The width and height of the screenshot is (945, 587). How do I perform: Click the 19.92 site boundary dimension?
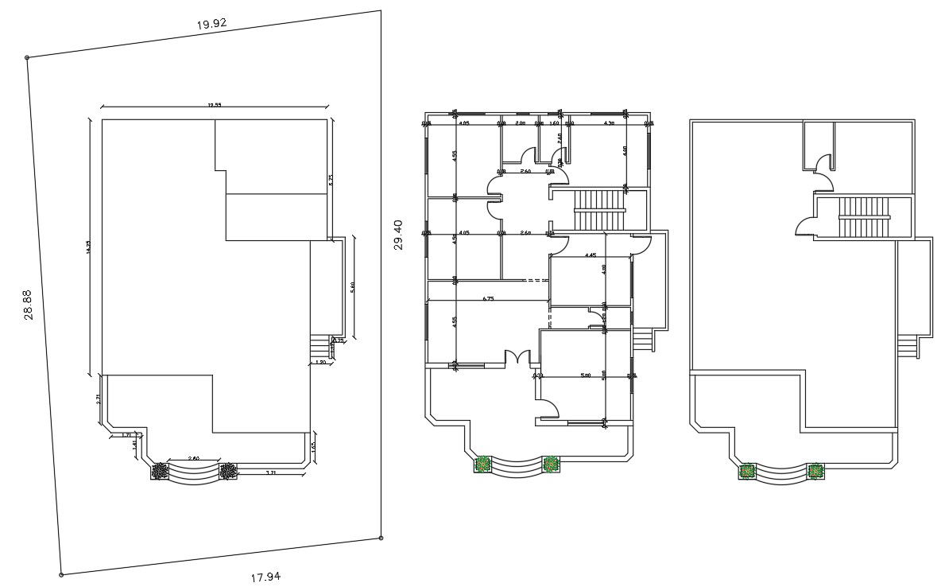point(212,24)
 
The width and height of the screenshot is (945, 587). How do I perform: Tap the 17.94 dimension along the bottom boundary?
point(265,577)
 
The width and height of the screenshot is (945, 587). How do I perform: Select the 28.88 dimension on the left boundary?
point(29,305)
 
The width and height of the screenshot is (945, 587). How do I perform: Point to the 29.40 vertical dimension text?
point(398,235)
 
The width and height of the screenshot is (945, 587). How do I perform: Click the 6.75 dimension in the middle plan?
point(489,299)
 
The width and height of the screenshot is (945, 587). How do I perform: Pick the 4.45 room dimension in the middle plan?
point(590,255)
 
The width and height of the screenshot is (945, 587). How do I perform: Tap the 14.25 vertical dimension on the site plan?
point(89,247)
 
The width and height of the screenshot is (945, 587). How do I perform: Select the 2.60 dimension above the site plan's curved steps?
point(193,459)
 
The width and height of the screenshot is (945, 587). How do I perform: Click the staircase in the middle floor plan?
point(600,209)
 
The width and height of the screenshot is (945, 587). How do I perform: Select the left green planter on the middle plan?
point(482,465)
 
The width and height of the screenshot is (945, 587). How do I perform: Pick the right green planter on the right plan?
point(815,471)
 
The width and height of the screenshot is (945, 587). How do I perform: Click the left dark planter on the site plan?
point(161,471)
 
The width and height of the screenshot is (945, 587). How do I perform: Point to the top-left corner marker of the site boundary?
point(28,57)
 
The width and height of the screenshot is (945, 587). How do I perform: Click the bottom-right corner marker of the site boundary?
point(381,538)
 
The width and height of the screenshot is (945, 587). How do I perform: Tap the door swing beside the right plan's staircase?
point(805,227)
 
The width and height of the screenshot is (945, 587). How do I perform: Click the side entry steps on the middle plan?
point(642,340)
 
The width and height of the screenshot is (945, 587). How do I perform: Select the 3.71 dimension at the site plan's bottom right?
point(270,473)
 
